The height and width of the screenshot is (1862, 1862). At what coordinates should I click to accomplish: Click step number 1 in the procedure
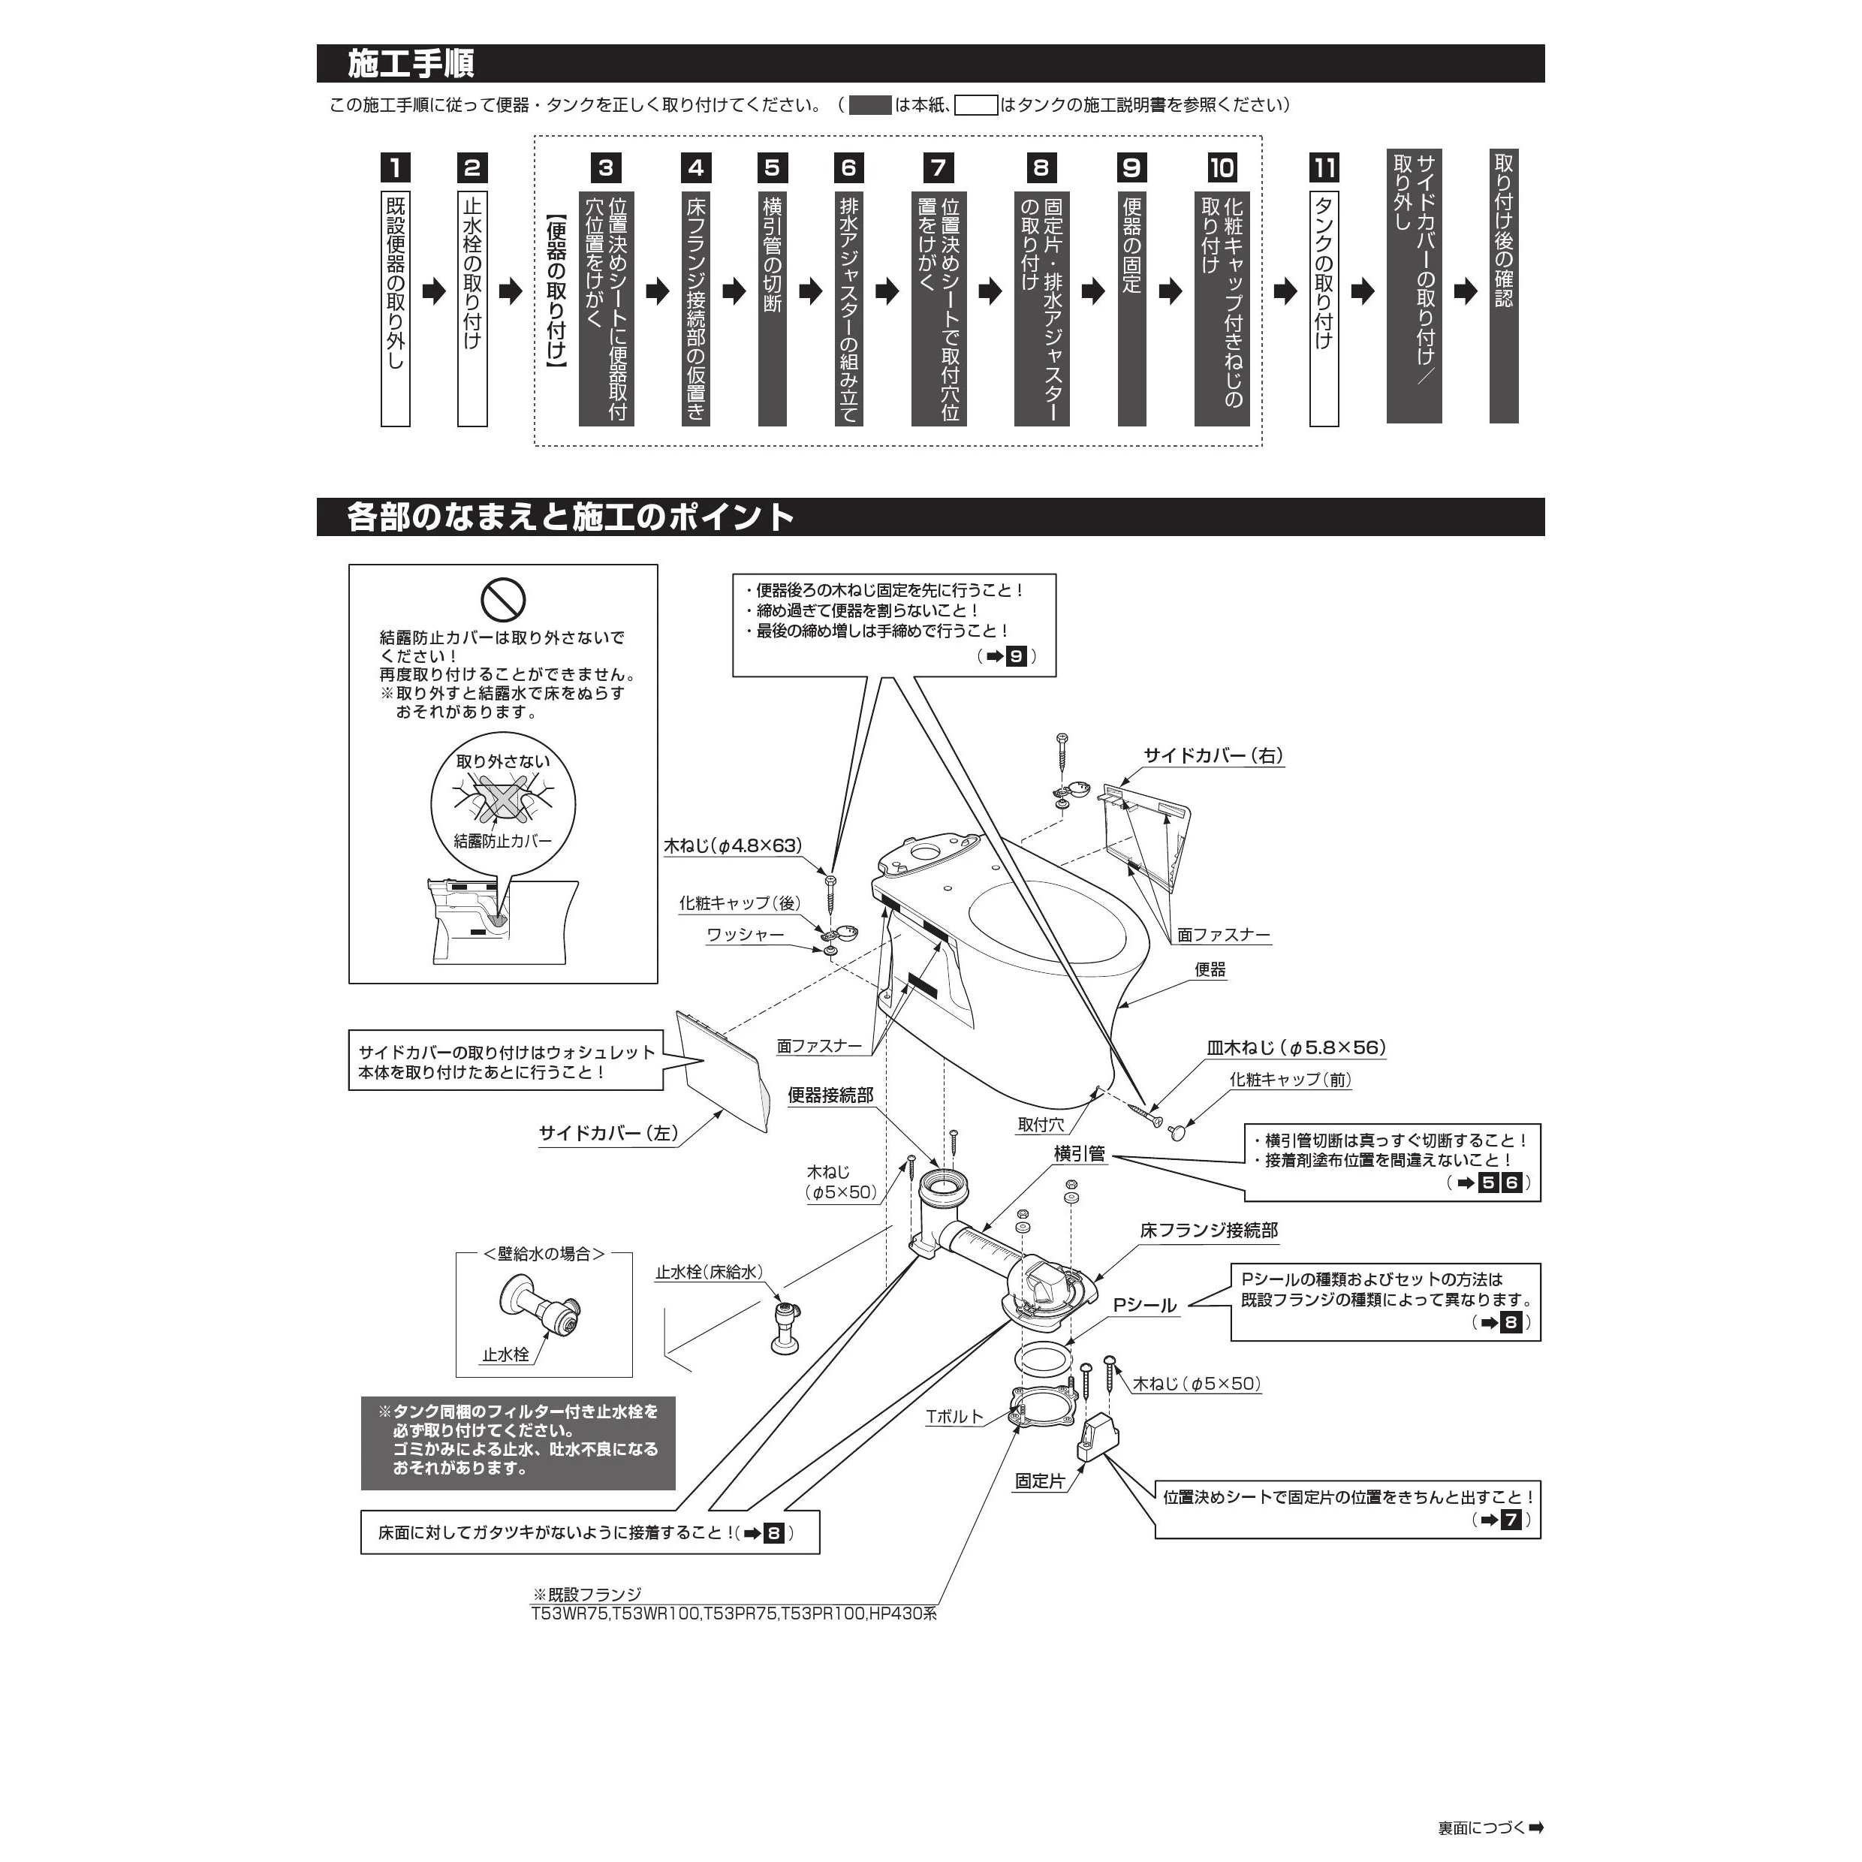point(395,167)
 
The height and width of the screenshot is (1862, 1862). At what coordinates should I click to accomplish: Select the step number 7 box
point(938,167)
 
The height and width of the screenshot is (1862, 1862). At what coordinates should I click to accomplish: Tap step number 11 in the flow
point(1324,167)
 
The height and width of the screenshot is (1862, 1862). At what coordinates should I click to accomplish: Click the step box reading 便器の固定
point(1131,309)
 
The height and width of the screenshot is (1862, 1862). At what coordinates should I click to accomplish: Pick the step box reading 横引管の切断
point(772,309)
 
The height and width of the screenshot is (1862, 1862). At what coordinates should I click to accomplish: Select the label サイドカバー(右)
point(1213,755)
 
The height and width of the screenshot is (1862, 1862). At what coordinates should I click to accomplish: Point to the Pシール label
point(1145,1306)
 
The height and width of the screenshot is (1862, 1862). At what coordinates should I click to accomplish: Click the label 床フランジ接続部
point(1209,1231)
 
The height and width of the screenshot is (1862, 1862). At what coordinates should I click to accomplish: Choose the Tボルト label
point(954,1417)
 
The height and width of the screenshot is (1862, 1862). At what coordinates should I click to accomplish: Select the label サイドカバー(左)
point(608,1134)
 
